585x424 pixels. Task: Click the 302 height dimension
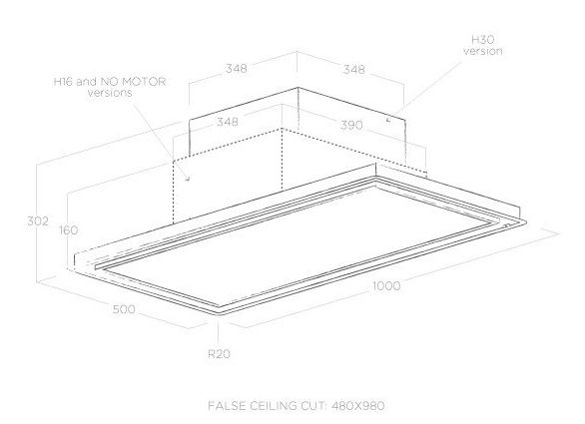[38, 221]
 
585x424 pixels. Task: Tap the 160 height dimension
[68, 230]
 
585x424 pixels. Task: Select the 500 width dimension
[124, 309]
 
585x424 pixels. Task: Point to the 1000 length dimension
[386, 286]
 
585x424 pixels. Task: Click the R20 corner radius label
[219, 354]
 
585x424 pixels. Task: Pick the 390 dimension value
[351, 125]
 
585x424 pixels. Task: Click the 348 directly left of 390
[228, 122]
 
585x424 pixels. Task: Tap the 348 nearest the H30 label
[354, 70]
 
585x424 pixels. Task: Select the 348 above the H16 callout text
[237, 69]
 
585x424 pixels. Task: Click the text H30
[483, 40]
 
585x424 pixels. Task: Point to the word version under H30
[483, 51]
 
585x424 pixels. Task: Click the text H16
[64, 82]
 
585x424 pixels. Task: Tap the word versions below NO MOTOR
[110, 93]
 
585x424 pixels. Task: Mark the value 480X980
[357, 405]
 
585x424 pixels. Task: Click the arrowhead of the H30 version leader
[388, 120]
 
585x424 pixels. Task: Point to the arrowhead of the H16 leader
[188, 179]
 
